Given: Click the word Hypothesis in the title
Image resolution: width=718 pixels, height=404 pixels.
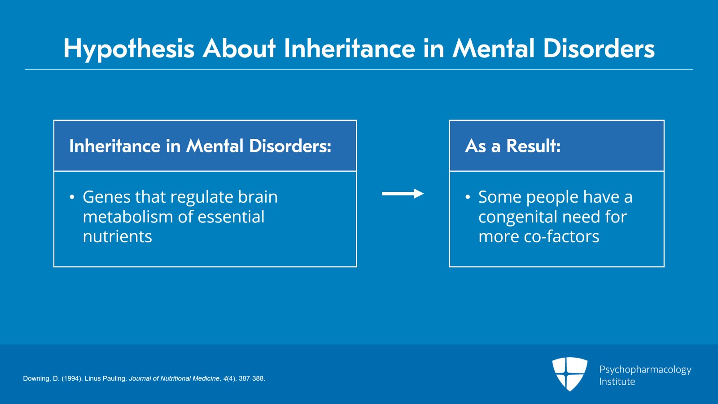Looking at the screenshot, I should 129,49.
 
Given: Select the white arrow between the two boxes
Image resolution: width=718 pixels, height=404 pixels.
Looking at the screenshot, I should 403,194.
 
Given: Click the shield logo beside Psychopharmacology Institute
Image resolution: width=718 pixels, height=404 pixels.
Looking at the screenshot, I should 569,373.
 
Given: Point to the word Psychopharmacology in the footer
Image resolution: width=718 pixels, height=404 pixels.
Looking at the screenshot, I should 645,369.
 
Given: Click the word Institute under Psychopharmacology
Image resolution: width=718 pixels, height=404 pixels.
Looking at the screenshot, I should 617,382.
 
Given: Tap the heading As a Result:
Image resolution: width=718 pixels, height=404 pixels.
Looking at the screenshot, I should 512,146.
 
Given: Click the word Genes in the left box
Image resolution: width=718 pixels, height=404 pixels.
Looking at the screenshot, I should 106,197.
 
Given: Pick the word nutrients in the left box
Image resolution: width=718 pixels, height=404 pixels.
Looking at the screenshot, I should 117,237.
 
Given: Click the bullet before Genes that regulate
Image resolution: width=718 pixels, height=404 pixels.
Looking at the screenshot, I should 72,197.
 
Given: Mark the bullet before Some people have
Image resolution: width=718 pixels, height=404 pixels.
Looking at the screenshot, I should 468,197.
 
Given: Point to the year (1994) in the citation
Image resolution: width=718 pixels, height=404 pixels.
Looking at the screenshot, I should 72,378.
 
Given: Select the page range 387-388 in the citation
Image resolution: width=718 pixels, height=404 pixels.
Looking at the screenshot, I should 251,378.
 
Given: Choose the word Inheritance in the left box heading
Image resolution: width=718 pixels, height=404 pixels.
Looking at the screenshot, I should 114,146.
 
